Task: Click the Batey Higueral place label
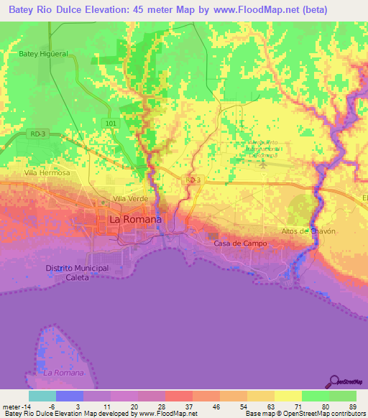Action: [x=43, y=54]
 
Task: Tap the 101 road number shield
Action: [x=109, y=123]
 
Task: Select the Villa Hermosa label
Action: [x=47, y=173]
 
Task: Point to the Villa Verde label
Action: [x=129, y=199]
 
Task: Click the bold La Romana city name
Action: [x=134, y=218]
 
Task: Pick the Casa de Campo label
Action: [x=240, y=243]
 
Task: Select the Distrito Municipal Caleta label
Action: [x=77, y=272]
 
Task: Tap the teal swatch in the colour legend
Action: [x=42, y=396]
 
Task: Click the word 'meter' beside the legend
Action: [x=12, y=407]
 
